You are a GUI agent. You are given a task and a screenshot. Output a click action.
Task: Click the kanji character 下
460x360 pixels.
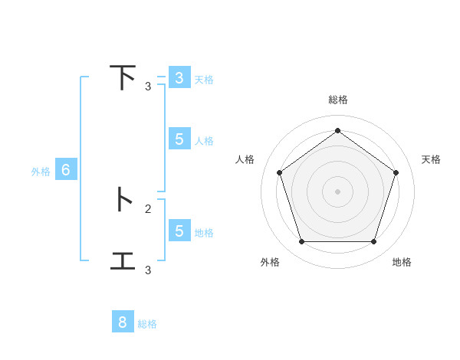pos(123,78)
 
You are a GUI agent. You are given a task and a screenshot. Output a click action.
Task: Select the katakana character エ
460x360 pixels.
pos(123,260)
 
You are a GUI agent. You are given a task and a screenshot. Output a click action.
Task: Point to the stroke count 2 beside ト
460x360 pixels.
pos(148,208)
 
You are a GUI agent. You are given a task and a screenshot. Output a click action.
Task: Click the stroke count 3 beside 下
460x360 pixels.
pos(148,87)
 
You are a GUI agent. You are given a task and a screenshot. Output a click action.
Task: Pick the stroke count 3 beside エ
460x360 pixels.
pos(148,270)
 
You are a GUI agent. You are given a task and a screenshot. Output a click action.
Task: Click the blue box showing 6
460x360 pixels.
pos(66,171)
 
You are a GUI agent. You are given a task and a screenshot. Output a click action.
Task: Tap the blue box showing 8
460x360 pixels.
pos(123,322)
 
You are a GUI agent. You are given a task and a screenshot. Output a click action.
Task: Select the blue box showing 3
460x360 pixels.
pos(179,78)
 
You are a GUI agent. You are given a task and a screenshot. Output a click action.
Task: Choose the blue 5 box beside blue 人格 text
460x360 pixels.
pos(179,139)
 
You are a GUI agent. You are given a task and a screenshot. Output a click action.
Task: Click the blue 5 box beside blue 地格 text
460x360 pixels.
pos(179,231)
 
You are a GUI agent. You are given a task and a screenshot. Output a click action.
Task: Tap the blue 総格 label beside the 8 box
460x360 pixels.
pos(147,324)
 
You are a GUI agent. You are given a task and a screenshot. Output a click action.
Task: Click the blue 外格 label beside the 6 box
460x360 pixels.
pos(41,172)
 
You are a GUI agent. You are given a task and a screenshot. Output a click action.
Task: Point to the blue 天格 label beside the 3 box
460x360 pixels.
pos(204,80)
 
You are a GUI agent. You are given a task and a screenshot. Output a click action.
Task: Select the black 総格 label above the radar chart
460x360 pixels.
pos(338,100)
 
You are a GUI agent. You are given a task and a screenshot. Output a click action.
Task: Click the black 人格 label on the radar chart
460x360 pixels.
pos(245,159)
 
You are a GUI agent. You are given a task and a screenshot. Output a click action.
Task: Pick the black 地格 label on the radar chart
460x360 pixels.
pos(402,262)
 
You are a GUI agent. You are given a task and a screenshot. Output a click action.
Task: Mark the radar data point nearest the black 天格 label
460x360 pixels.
pos(396,172)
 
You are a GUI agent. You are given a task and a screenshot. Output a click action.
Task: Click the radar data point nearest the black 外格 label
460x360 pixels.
pos(301,242)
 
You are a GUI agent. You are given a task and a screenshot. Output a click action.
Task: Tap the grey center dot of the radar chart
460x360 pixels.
pos(337,191)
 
